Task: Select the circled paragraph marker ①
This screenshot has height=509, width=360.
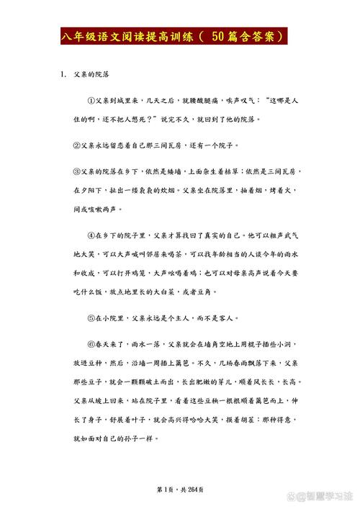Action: point(91,102)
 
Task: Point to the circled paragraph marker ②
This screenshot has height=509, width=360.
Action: point(76,145)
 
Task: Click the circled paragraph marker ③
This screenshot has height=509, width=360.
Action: point(76,172)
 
